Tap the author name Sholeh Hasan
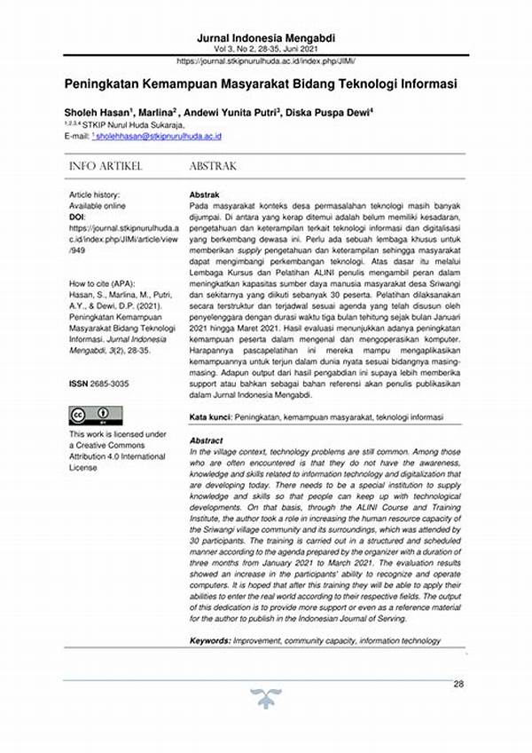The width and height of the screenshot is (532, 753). [x=95, y=113]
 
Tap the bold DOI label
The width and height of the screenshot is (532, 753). [x=78, y=217]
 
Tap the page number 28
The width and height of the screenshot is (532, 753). [x=458, y=684]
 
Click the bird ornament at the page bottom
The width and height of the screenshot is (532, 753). [x=263, y=699]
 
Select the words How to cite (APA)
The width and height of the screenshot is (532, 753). [x=101, y=283]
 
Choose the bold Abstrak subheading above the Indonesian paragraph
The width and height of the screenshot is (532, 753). [x=207, y=194]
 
